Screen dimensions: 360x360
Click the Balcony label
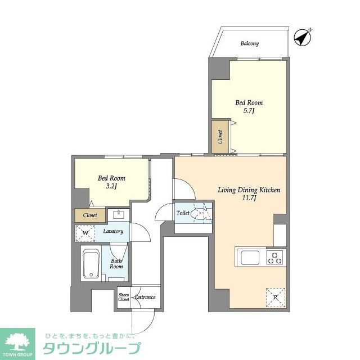click(x=249, y=43)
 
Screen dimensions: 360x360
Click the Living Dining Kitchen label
click(x=249, y=190)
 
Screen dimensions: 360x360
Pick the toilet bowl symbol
click(x=199, y=214)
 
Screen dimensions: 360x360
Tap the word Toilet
click(x=183, y=214)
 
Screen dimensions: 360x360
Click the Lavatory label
click(x=112, y=231)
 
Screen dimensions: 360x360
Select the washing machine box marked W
click(x=85, y=232)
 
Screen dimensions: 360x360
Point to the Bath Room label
click(x=116, y=263)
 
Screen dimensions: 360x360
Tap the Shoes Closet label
click(x=123, y=296)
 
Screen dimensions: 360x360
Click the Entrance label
click(x=145, y=296)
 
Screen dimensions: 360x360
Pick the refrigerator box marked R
click(x=275, y=296)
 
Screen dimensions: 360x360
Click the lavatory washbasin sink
click(x=119, y=215)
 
